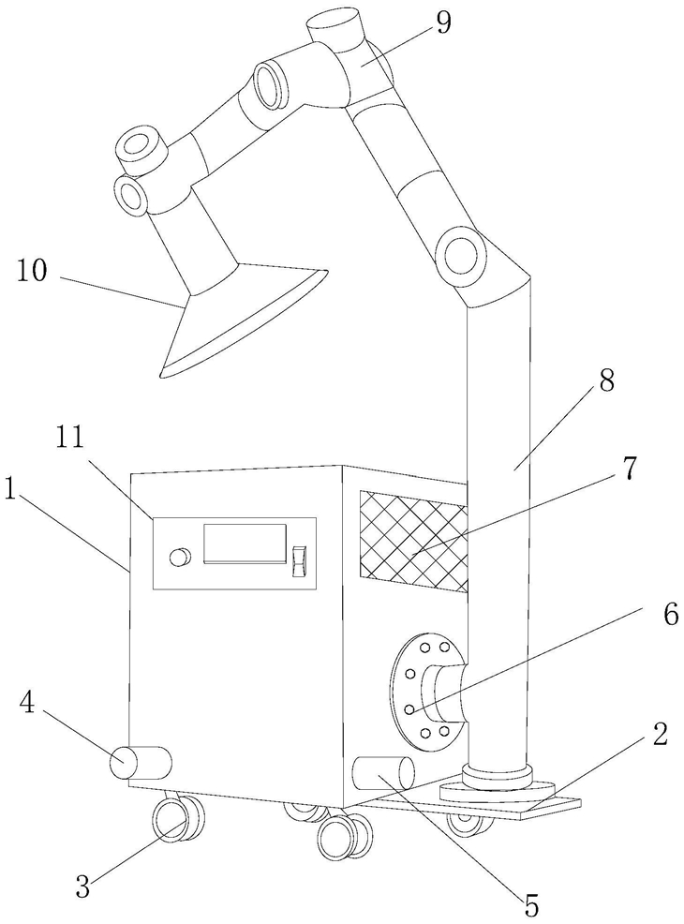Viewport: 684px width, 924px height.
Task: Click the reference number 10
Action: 32,273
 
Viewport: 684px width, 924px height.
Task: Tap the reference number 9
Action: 443,22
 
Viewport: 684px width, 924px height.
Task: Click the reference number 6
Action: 670,615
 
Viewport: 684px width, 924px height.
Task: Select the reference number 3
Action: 82,887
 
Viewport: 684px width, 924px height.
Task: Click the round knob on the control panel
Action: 180,557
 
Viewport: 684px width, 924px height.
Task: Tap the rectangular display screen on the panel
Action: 245,544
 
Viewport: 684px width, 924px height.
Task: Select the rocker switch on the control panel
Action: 300,560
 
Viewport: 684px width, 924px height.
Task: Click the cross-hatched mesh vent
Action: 413,541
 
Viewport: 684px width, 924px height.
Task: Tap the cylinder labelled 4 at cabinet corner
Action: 141,763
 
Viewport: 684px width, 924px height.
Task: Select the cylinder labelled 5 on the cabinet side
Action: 382,772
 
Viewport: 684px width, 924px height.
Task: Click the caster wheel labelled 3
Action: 179,820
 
